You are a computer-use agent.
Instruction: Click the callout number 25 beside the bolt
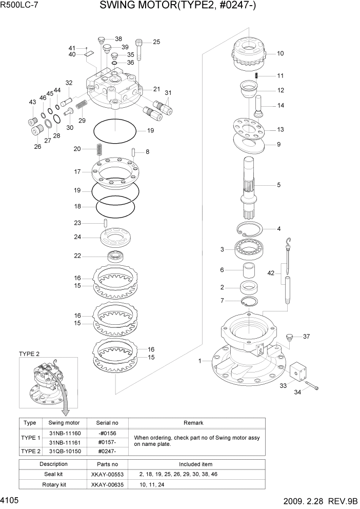[x=156, y=42]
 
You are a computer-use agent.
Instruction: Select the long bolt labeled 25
[x=139, y=51]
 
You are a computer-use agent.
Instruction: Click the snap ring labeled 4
[x=250, y=230]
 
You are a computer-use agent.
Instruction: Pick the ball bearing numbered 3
[x=249, y=250]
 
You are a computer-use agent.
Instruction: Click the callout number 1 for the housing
[x=200, y=361]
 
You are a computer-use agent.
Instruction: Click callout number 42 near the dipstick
[x=271, y=273]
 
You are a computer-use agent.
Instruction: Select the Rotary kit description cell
[x=54, y=484]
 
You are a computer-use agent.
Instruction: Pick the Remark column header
[x=193, y=423]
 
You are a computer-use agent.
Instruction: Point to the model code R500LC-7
[x=19, y=6]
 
